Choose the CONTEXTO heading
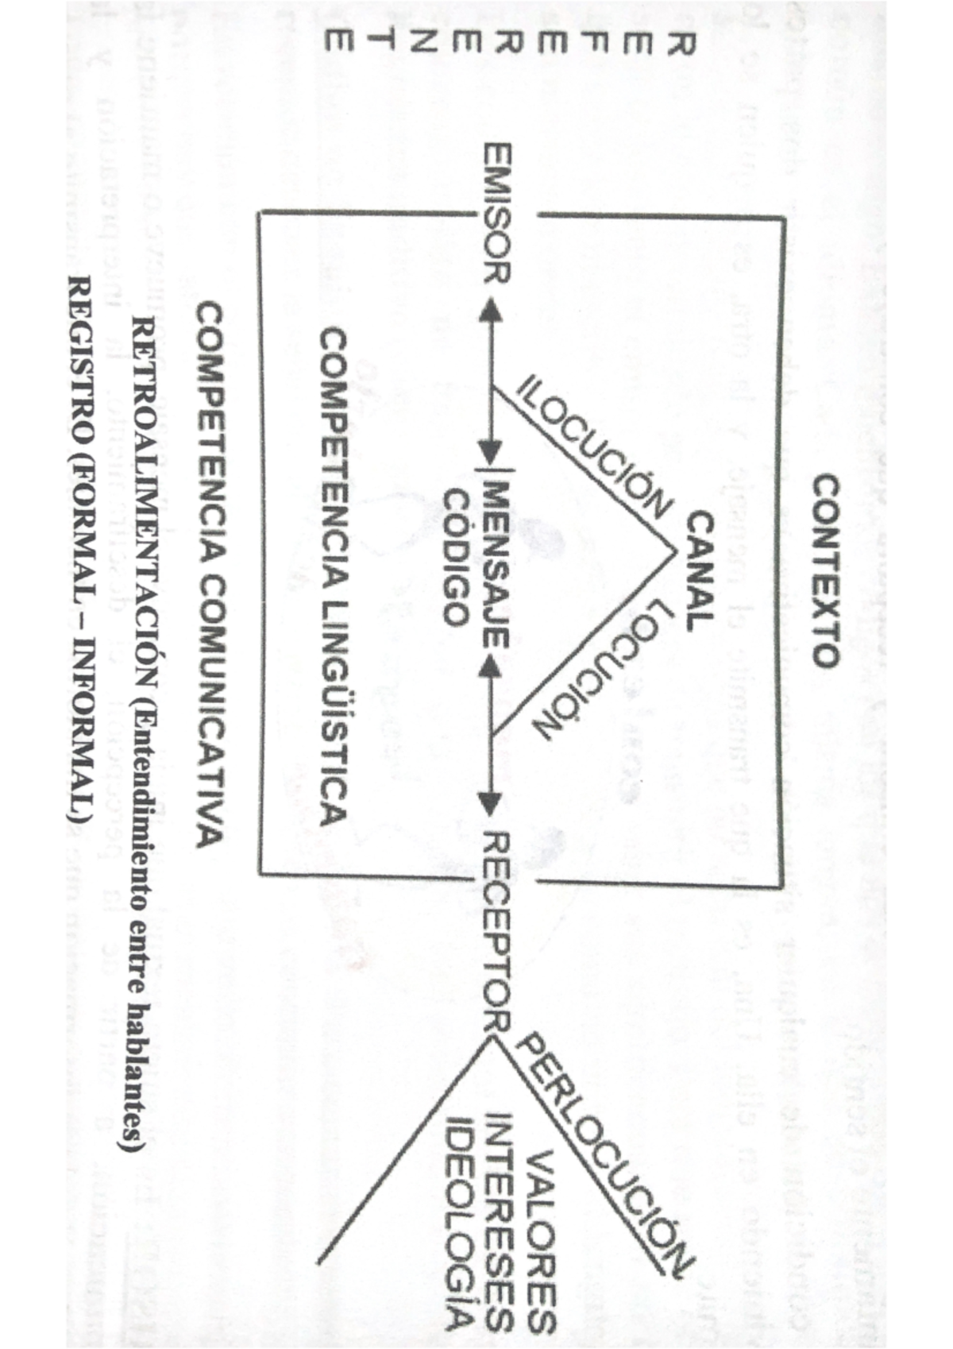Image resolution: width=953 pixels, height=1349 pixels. click(x=824, y=570)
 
